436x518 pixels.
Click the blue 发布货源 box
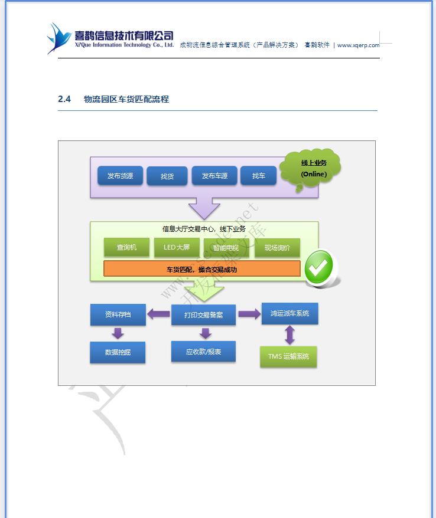pyautogui.click(x=120, y=176)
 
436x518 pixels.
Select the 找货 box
pyautogui.click(x=167, y=176)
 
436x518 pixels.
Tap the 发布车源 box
pyautogui.click(x=214, y=176)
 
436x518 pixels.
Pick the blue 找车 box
pyautogui.click(x=258, y=176)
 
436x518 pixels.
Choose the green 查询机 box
pyautogui.click(x=126, y=247)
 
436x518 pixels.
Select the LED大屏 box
pyautogui.click(x=177, y=247)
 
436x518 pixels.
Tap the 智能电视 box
pyautogui.click(x=226, y=248)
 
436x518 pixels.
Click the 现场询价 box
pyautogui.click(x=277, y=248)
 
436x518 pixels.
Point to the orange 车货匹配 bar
pyautogui.click(x=202, y=269)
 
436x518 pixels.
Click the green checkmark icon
pyautogui.click(x=320, y=268)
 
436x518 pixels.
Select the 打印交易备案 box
pyautogui.click(x=203, y=315)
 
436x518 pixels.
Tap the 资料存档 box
pyautogui.click(x=118, y=314)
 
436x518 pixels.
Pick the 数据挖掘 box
pyautogui.click(x=118, y=352)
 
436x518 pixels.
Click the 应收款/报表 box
pyautogui.click(x=203, y=352)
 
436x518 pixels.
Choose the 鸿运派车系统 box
pyautogui.click(x=289, y=313)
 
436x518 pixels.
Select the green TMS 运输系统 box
pyautogui.click(x=288, y=356)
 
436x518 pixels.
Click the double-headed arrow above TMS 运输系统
pyautogui.click(x=289, y=335)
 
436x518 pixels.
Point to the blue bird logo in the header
pyautogui.click(x=59, y=38)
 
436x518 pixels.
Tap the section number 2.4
pyautogui.click(x=64, y=99)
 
